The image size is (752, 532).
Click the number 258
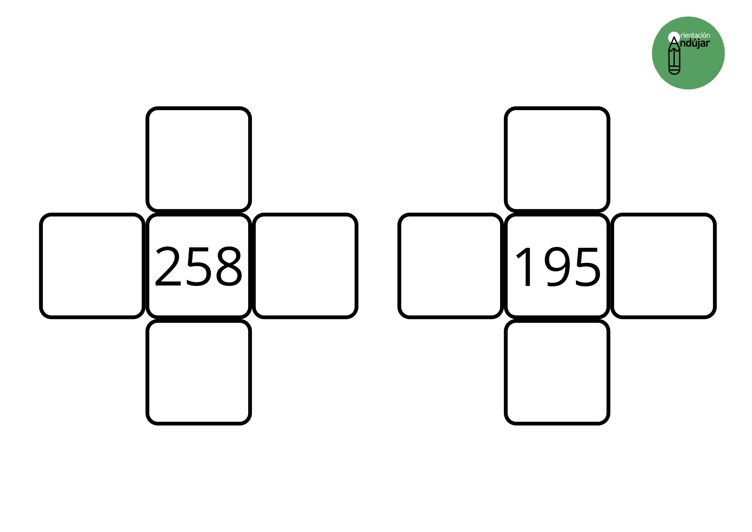coord(198,266)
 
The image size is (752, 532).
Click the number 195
coord(557,267)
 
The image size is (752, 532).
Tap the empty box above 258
coord(198,159)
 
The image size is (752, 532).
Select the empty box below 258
coord(198,372)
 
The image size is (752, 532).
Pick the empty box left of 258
coord(92,266)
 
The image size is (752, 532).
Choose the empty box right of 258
coord(305,266)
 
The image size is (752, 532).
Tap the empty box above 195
coord(557,159)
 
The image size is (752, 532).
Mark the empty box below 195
coord(557,372)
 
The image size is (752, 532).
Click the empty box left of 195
coord(450,266)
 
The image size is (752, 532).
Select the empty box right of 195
coord(664,266)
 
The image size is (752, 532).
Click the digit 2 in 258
coord(168,266)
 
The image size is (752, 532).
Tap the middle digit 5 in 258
coord(198,267)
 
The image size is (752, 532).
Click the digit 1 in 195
coord(523,267)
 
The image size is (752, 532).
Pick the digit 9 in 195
coord(556,267)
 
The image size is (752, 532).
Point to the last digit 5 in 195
coord(587,267)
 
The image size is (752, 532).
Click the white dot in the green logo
coord(674,37)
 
